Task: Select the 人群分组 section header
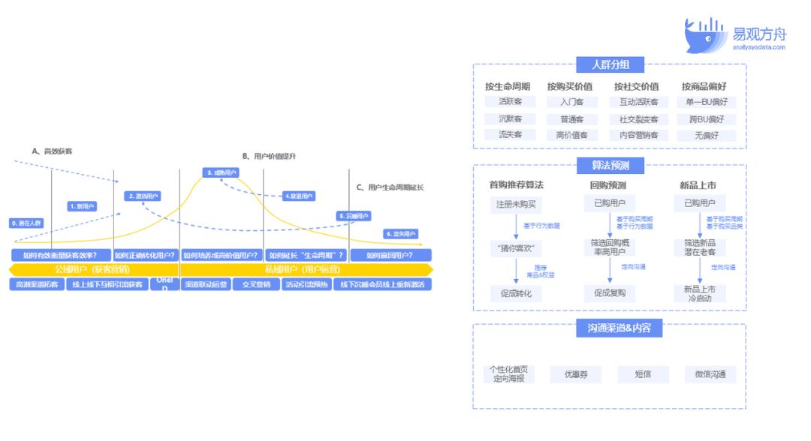610,65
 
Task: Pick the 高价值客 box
573,136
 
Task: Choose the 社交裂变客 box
639,119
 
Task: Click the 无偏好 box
706,136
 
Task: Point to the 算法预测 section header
610,166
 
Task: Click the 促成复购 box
610,292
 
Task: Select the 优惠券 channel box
575,373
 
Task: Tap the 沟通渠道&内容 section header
610,327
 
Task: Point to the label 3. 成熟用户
221,172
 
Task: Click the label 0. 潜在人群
27,223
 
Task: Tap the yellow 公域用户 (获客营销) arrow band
93,269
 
